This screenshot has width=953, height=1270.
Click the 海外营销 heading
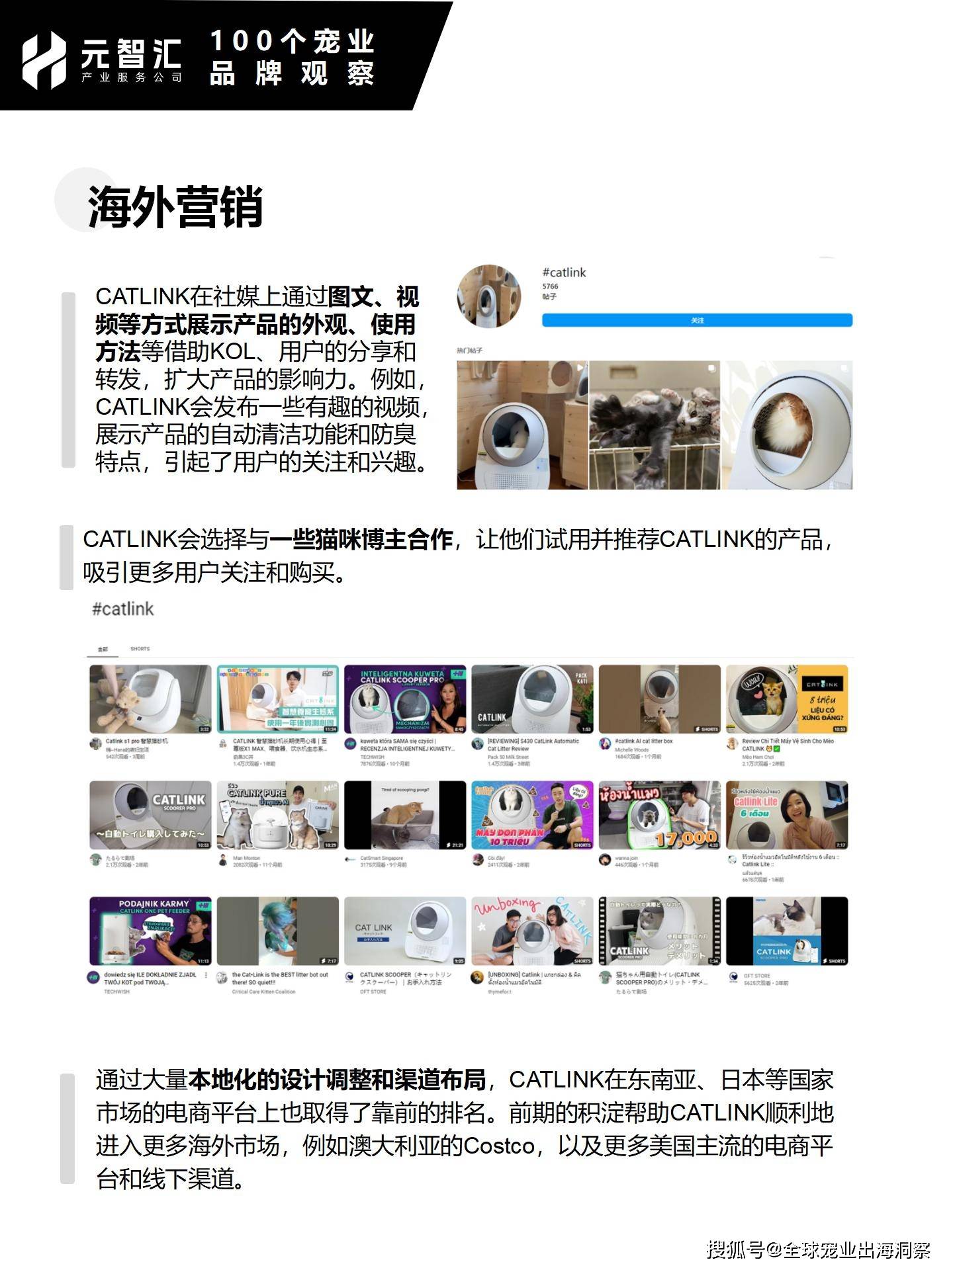click(x=175, y=207)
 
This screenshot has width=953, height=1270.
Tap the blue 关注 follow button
click(x=697, y=320)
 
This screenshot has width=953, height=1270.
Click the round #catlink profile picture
click(x=490, y=296)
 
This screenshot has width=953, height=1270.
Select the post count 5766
click(x=550, y=286)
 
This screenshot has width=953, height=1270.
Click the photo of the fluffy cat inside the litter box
click(x=786, y=425)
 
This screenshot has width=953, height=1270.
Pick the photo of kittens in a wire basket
click(x=654, y=425)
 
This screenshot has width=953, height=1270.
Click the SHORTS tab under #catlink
click(x=140, y=649)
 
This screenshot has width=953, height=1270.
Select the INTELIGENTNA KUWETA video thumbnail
click(x=405, y=699)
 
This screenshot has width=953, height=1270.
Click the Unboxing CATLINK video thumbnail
click(x=532, y=931)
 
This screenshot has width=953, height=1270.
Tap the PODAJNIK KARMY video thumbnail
click(x=150, y=931)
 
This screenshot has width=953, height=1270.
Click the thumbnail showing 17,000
click(x=659, y=815)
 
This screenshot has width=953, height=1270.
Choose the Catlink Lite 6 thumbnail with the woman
click(x=786, y=815)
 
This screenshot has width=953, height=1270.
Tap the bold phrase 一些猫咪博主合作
click(x=361, y=540)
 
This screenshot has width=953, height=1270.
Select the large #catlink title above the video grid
click(x=122, y=609)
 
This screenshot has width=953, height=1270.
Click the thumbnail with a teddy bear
click(x=150, y=699)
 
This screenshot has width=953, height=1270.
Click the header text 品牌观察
click(x=292, y=73)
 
